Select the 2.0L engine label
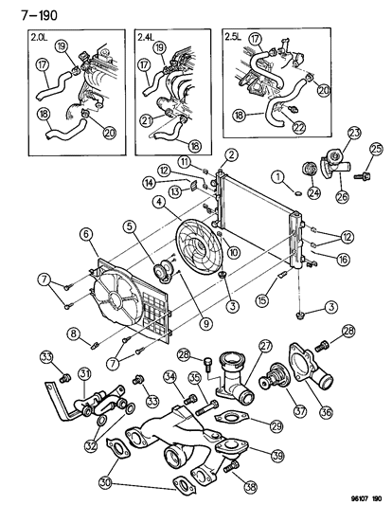click(x=39, y=38)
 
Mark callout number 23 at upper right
click(x=354, y=133)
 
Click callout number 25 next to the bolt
click(x=375, y=149)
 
